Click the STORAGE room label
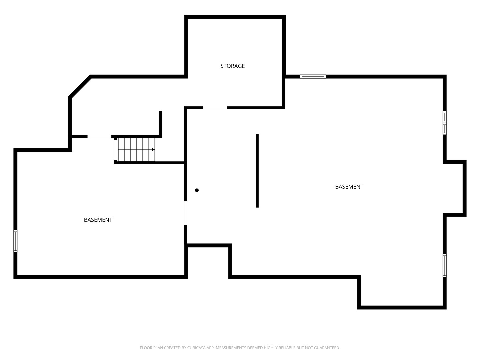tap(232, 66)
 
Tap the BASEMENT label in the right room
tap(349, 187)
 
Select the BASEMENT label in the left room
tap(98, 220)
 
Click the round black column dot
tap(197, 190)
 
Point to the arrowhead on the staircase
tap(153, 150)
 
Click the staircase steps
tap(136, 150)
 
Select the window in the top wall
tap(313, 77)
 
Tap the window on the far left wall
tap(15, 241)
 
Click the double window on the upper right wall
tap(445, 123)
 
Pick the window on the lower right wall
tap(445, 266)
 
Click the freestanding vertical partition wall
tap(257, 170)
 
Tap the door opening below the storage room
tap(215, 108)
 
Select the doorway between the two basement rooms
tap(185, 213)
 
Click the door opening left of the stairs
tap(99, 137)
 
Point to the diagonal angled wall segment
tap(80, 86)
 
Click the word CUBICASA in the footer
tap(195, 348)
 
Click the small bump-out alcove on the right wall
tap(455, 188)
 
